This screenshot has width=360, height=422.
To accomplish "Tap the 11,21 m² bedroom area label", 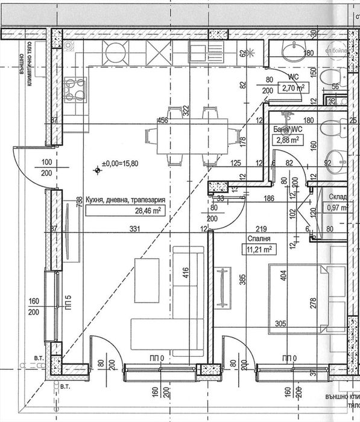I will click(x=258, y=249).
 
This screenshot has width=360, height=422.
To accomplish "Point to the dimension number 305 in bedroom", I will click(x=282, y=323).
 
